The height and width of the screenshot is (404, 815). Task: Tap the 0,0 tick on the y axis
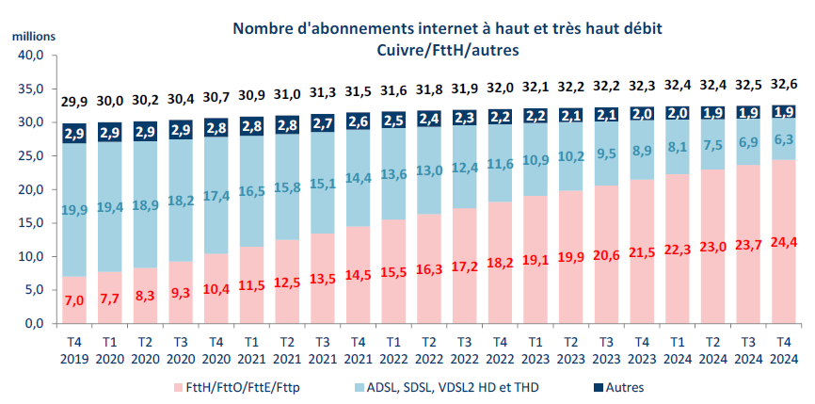click(x=34, y=324)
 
